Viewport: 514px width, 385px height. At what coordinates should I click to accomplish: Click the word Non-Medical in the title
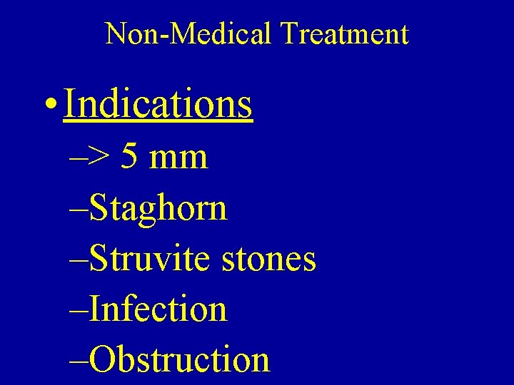pos(189,34)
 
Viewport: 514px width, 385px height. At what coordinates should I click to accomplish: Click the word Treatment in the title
pos(344,34)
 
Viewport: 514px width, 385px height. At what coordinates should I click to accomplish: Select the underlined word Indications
pos(158,103)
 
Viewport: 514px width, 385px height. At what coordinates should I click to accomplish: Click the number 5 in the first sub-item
pos(130,156)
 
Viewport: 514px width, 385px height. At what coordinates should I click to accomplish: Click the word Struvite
pos(151,259)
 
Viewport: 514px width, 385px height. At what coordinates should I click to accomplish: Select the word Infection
pos(159,309)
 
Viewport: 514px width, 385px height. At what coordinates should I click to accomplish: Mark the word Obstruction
pos(181,359)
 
